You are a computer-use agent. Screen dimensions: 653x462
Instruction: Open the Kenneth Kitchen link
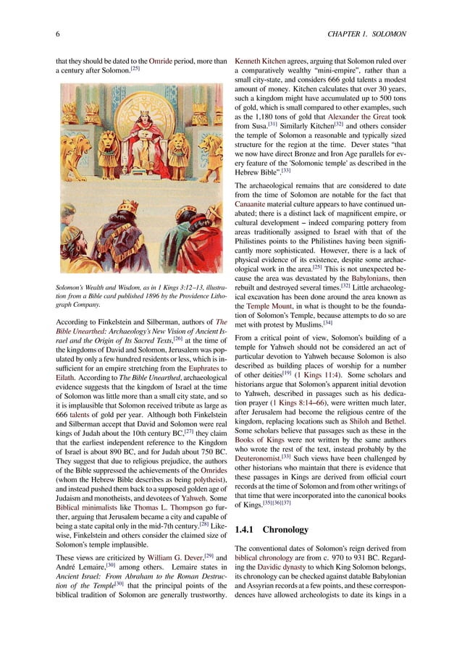(260, 56)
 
